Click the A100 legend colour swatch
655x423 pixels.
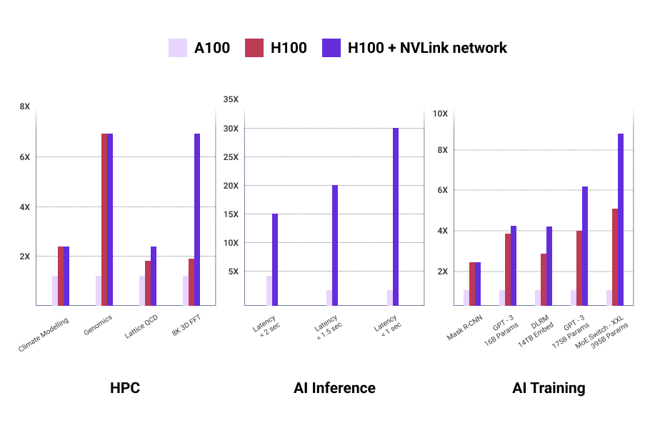tap(177, 48)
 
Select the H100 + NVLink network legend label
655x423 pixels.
tap(426, 48)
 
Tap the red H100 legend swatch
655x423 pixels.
tap(255, 48)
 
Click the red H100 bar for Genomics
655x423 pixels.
tap(104, 219)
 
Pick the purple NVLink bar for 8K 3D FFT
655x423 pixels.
tap(197, 219)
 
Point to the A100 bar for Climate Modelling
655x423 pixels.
tap(55, 291)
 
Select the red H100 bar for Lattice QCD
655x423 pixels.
tap(148, 283)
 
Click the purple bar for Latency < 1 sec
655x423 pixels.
tap(396, 217)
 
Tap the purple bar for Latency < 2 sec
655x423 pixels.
tap(275, 259)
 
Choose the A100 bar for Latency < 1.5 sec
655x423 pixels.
tap(329, 298)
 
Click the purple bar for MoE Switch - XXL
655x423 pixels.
tap(621, 219)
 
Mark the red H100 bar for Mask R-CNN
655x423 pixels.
tap(472, 284)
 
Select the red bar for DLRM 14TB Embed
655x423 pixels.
tap(544, 279)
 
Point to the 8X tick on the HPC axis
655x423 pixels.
tap(25, 106)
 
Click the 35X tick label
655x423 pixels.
tap(231, 99)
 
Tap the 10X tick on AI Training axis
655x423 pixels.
tap(441, 114)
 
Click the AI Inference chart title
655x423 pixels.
tap(334, 388)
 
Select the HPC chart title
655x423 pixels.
tap(125, 388)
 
